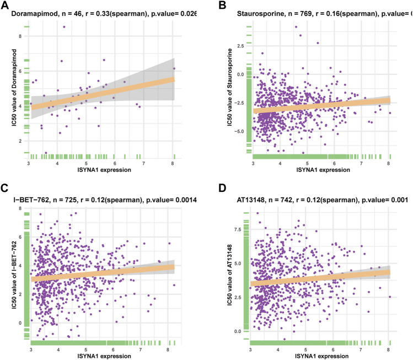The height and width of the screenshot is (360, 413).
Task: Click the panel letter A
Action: [x=5, y=5]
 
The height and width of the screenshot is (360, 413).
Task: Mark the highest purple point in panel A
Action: [x=64, y=26]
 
